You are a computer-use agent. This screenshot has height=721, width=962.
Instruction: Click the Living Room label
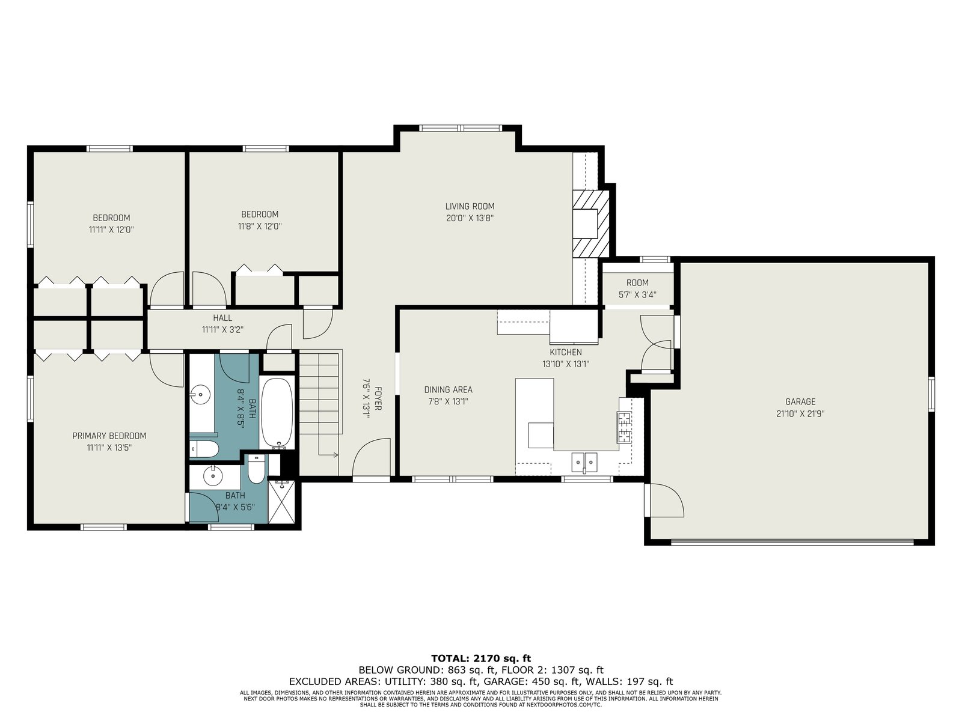pyautogui.click(x=470, y=206)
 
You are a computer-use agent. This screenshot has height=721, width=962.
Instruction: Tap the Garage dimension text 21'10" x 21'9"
pyautogui.click(x=800, y=413)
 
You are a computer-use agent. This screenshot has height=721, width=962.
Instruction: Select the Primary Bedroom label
pyautogui.click(x=109, y=436)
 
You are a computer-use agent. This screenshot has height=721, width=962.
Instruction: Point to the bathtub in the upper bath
pyautogui.click(x=277, y=413)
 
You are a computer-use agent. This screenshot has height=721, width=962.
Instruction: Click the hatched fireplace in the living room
pyautogui.click(x=591, y=224)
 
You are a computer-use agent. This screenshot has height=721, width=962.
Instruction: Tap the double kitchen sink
pyautogui.click(x=584, y=462)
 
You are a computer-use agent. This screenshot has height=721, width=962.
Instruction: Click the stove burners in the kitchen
pyautogui.click(x=624, y=427)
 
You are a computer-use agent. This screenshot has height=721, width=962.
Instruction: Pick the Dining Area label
pyautogui.click(x=448, y=389)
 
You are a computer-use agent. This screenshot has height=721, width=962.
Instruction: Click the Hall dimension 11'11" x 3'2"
pyautogui.click(x=222, y=330)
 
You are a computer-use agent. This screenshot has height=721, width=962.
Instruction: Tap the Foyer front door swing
pyautogui.click(x=372, y=457)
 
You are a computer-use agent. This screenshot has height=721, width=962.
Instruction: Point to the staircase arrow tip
pyautogui.click(x=337, y=455)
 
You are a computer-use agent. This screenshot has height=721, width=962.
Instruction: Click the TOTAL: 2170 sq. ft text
pyautogui.click(x=481, y=659)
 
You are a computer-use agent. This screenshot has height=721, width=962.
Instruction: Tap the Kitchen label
pyautogui.click(x=566, y=352)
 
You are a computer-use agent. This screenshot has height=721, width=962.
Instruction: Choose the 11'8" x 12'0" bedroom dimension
pyautogui.click(x=260, y=227)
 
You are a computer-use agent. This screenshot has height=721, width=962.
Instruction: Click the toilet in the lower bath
pyautogui.click(x=256, y=470)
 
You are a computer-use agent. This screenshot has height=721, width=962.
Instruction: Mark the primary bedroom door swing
pyautogui.click(x=167, y=370)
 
